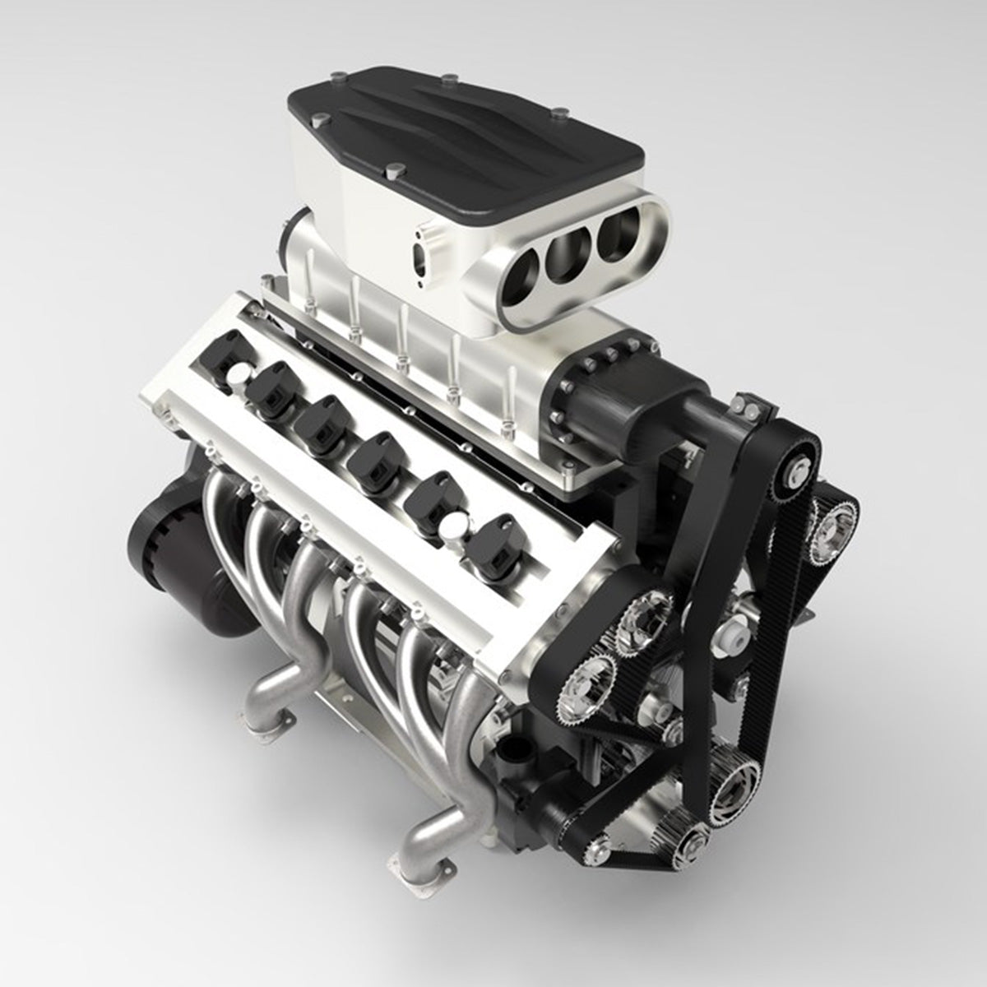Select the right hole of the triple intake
[618, 225]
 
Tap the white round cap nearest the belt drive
[455, 526]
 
